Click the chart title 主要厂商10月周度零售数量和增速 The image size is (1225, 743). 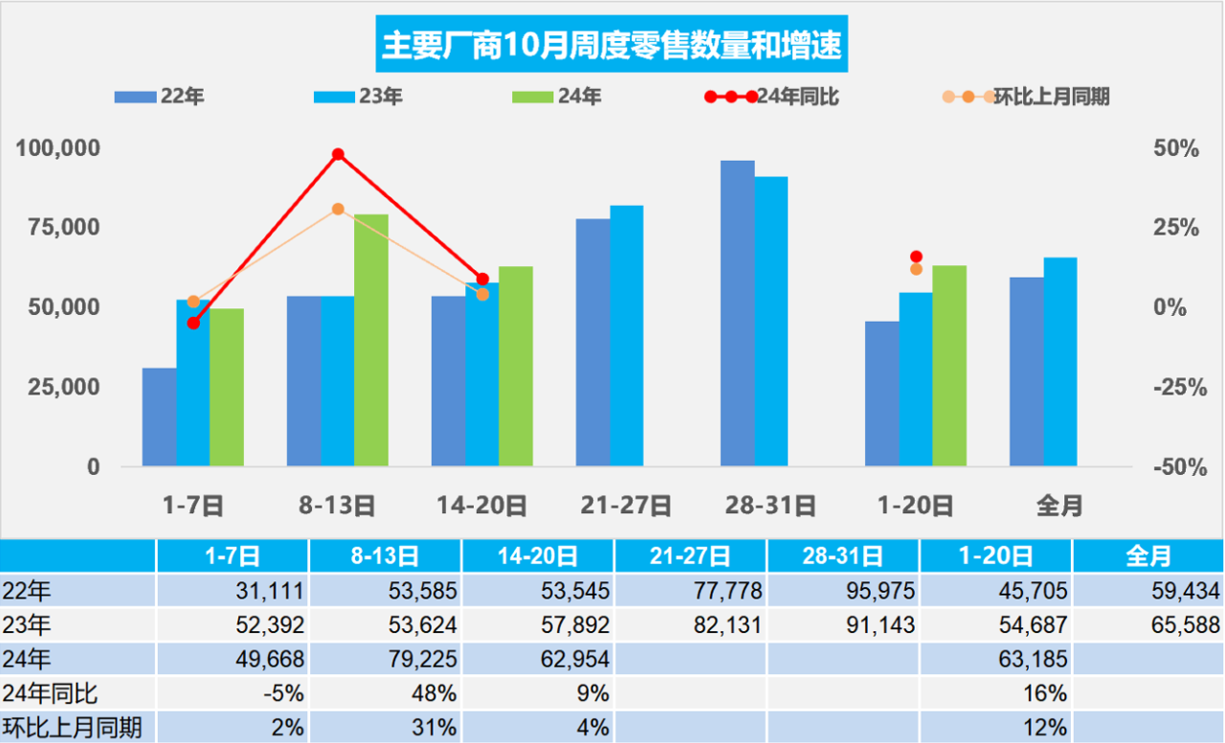[612, 45]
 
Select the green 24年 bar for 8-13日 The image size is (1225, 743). [371, 340]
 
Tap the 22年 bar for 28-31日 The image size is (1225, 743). [737, 313]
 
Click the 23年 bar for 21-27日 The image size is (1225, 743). [627, 335]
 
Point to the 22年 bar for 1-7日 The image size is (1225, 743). [159, 417]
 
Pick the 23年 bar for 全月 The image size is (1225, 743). [1060, 361]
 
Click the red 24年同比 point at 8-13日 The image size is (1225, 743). [338, 154]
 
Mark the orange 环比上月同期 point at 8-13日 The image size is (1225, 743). [338, 209]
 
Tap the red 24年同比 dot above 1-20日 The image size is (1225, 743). [916, 257]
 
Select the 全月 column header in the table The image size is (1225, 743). [1147, 556]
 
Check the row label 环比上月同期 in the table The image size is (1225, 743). [73, 728]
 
